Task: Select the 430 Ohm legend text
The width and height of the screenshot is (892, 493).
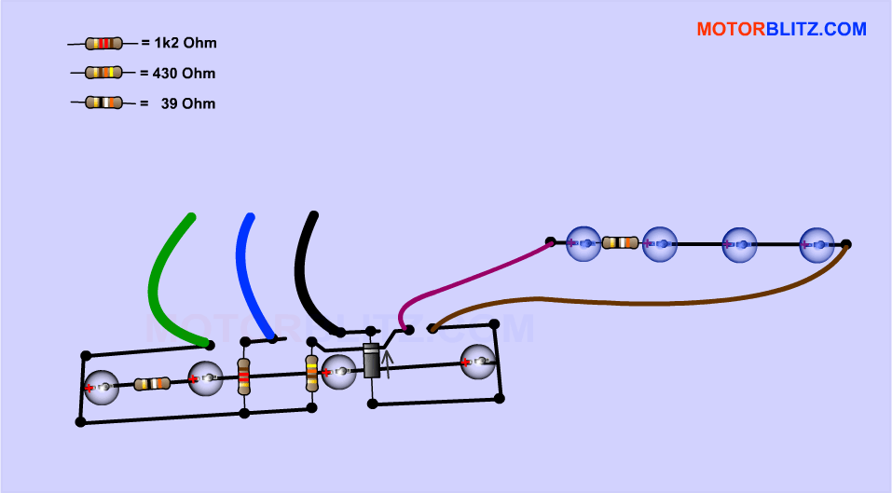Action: (184, 73)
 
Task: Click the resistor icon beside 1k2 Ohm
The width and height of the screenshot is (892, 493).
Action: (103, 43)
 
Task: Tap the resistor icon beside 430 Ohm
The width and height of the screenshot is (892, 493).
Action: (103, 73)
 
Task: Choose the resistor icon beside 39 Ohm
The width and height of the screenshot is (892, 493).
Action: (103, 103)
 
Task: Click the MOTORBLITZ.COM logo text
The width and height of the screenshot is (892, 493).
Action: (781, 29)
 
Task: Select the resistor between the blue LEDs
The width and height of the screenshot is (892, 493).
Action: (620, 243)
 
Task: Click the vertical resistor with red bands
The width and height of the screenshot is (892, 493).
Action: (244, 377)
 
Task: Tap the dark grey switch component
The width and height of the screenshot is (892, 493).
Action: (371, 361)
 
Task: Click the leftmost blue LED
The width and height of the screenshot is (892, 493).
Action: (583, 243)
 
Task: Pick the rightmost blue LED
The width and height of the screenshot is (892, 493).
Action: (817, 244)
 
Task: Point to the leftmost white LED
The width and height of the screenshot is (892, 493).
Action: (102, 387)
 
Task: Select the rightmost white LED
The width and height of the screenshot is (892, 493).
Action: (477, 361)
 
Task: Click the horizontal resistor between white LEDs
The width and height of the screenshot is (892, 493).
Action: (152, 383)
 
